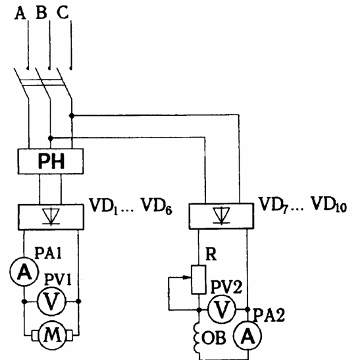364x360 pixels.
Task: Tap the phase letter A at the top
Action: coord(20,13)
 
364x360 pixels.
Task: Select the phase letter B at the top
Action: coord(41,13)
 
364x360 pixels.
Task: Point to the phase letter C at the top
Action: coord(63,12)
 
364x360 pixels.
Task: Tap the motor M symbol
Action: coord(52,336)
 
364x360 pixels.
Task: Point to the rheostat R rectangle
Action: coord(199,280)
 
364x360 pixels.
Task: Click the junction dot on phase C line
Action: coord(72,115)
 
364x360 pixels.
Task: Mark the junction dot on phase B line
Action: coord(51,138)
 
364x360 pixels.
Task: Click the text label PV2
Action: coord(226,287)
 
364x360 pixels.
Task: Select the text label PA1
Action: coord(48,253)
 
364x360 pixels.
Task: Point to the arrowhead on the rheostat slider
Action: coord(186,277)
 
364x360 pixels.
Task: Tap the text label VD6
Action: coord(157,206)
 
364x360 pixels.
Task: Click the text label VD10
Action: coord(328,205)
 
